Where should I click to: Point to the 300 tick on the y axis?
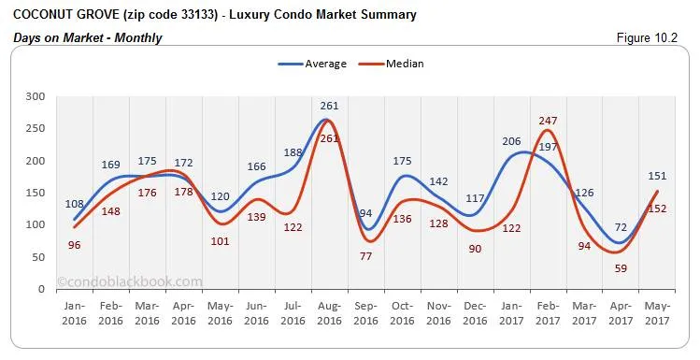pyautogui.click(x=36, y=96)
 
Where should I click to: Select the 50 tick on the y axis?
pyautogui.click(x=38, y=257)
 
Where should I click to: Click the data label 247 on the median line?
pyautogui.click(x=548, y=121)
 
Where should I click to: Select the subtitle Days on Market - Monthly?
pyautogui.click(x=88, y=37)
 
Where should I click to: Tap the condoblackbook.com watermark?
pyautogui.click(x=129, y=281)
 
